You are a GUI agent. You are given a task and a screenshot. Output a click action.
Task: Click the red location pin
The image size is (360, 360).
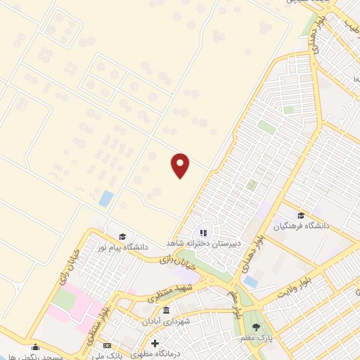pos(181,165)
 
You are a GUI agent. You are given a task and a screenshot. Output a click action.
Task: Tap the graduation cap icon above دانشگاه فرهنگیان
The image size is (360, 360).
pos(301,215)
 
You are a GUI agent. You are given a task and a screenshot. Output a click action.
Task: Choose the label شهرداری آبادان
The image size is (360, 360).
pos(166,321)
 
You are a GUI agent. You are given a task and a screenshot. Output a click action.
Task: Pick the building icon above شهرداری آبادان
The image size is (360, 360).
pos(166,310)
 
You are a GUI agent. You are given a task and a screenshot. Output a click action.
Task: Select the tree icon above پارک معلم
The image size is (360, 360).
pos(256,327)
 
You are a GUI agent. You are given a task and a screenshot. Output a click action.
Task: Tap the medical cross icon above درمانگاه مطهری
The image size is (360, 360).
pos(155,343)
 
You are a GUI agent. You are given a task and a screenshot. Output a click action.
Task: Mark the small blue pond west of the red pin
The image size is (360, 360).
pos(106,198)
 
